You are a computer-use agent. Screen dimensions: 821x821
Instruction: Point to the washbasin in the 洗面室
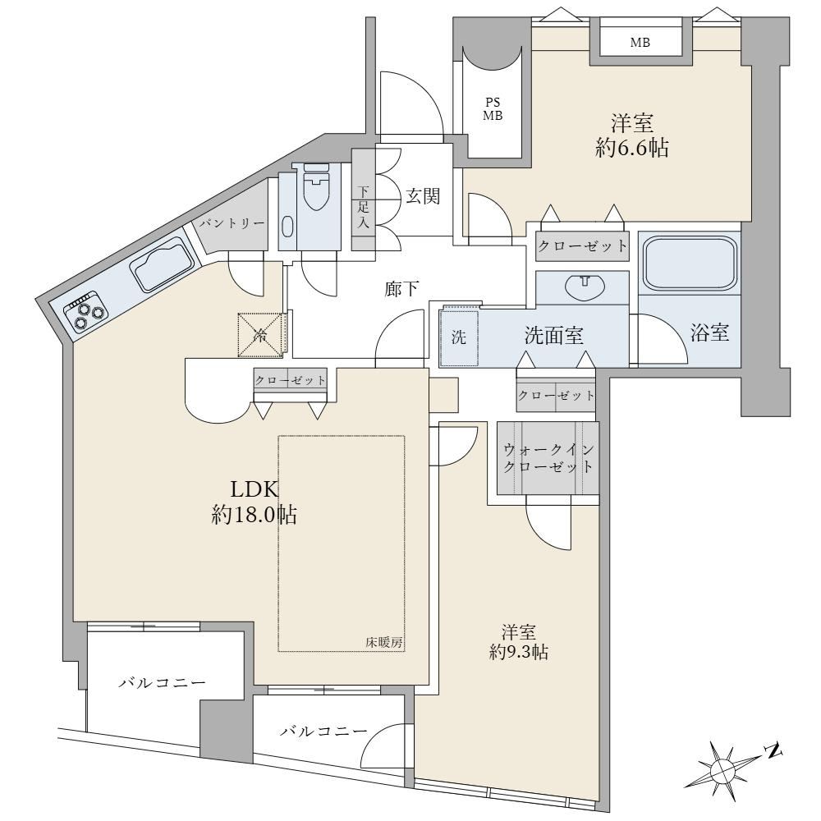click(x=585, y=287)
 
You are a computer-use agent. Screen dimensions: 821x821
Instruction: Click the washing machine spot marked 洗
click(x=459, y=337)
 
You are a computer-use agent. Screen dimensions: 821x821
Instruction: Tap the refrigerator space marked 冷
click(x=260, y=336)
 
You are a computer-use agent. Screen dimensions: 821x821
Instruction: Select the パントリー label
click(x=231, y=223)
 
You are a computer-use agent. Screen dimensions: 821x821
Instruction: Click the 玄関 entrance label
click(x=423, y=196)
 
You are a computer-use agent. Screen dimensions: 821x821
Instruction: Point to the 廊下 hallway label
click(x=401, y=288)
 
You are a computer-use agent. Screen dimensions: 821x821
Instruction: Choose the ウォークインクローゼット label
click(x=548, y=457)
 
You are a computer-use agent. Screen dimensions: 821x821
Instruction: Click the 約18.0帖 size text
click(x=255, y=516)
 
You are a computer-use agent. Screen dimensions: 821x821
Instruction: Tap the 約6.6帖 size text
click(x=631, y=149)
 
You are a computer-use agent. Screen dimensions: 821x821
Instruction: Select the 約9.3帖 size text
click(x=518, y=652)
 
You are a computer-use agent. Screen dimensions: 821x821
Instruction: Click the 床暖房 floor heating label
click(x=384, y=643)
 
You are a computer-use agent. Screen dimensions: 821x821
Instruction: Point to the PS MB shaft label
click(x=493, y=109)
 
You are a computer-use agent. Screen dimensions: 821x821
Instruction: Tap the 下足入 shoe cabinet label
click(x=364, y=207)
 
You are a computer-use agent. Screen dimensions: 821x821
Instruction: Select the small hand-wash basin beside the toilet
click(x=287, y=227)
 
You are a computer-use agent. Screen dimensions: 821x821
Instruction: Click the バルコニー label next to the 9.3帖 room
click(x=323, y=732)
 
